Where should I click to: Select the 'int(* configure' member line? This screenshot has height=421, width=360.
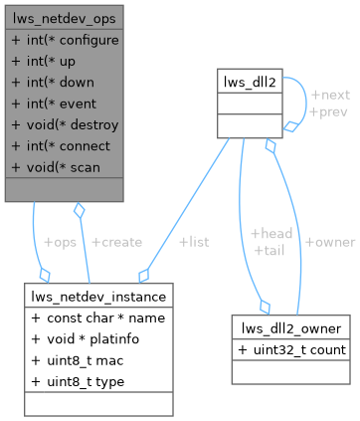pyautogui.click(x=65, y=41)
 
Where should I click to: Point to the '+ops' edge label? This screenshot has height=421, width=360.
pyautogui.click(x=61, y=242)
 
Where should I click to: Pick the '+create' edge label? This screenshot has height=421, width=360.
pyautogui.click(x=116, y=242)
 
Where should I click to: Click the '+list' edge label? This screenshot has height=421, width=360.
pyautogui.click(x=194, y=242)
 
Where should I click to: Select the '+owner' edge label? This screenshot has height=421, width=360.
pyautogui.click(x=329, y=242)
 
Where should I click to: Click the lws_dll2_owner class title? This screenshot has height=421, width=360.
pyautogui.click(x=289, y=328)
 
